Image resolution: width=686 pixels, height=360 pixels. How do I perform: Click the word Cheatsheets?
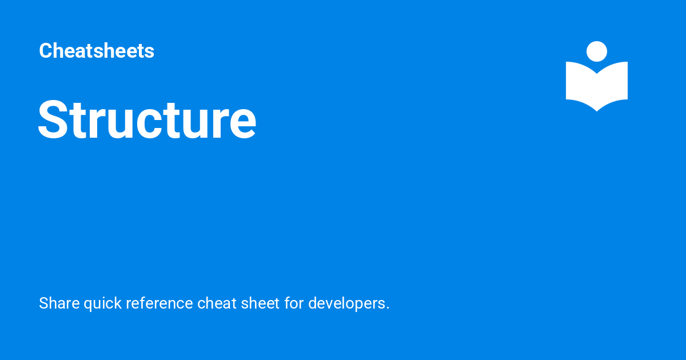97,51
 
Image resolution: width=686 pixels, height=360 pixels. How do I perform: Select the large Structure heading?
147,120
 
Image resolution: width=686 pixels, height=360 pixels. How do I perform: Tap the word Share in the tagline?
59,303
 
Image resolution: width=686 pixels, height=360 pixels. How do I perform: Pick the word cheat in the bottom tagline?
213,303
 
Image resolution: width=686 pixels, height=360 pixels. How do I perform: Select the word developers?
346,303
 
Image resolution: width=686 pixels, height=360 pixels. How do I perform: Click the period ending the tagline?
388,308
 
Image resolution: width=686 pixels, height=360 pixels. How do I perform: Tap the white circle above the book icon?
597,51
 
